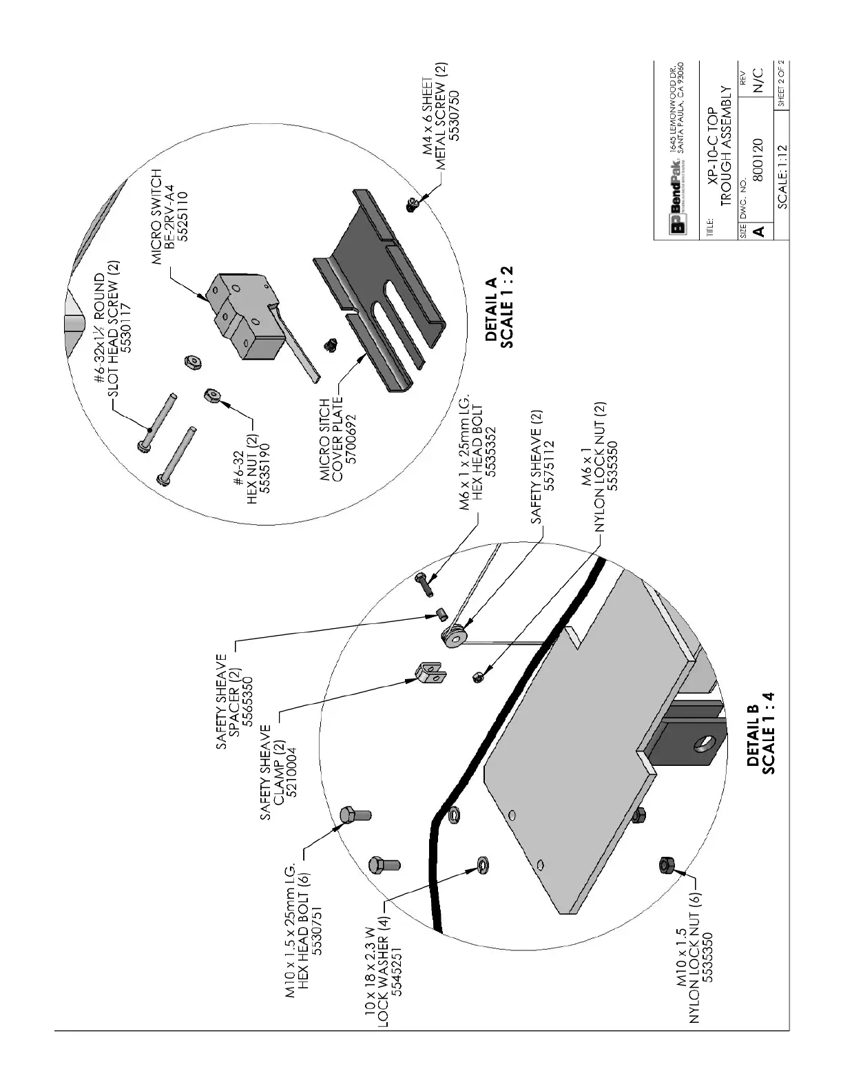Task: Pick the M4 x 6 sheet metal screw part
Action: pyautogui.click(x=413, y=205)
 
